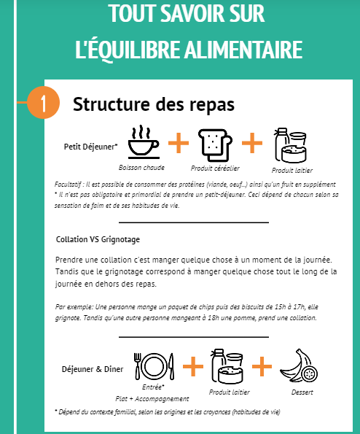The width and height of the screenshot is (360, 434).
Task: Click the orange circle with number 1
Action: (x=44, y=103)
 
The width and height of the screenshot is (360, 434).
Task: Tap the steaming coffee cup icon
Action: (x=144, y=142)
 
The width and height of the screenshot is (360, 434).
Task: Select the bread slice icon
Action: (x=215, y=145)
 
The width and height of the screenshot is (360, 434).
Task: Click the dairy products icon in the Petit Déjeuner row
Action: (x=290, y=145)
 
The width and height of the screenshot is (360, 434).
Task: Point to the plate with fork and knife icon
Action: (x=154, y=366)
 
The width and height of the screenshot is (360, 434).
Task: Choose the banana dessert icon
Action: (x=299, y=365)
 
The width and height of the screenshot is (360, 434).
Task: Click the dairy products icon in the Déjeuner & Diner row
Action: (x=227, y=366)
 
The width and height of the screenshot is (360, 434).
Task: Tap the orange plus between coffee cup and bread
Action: (x=179, y=143)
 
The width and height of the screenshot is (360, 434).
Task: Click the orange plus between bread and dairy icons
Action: (x=252, y=143)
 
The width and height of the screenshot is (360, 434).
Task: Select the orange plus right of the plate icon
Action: (x=193, y=366)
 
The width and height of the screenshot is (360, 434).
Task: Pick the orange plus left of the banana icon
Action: (x=262, y=366)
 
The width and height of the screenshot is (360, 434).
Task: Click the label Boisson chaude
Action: (x=141, y=168)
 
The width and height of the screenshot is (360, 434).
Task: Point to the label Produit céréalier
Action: (x=215, y=168)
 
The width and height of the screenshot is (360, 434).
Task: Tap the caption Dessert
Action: (x=302, y=392)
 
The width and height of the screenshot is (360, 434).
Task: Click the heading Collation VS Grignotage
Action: (x=98, y=239)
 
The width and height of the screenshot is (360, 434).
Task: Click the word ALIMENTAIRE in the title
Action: (x=243, y=50)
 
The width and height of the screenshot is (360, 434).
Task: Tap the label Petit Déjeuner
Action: (x=90, y=147)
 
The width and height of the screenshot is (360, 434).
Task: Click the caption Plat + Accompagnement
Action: (x=152, y=399)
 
